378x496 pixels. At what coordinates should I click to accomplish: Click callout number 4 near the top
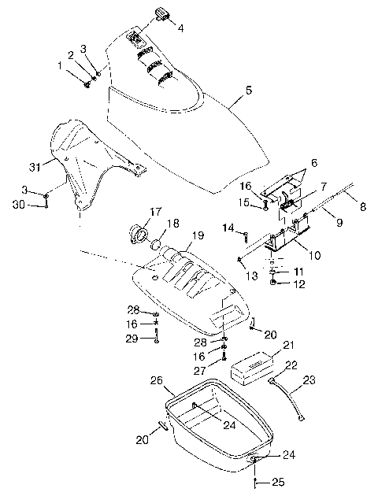pyautogui.click(x=180, y=28)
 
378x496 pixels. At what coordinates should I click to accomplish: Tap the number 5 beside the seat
pyautogui.click(x=249, y=91)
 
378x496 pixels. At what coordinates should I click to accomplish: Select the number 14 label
pyautogui.click(x=228, y=229)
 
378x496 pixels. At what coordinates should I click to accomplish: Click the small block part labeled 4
pyautogui.click(x=163, y=14)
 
